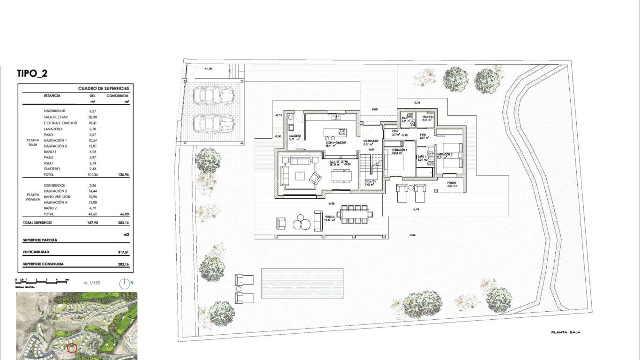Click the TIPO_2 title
point(32,73)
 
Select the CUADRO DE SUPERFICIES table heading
point(103,88)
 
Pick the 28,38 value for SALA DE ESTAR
point(92,117)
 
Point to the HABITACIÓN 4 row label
point(55,202)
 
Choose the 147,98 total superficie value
point(93,223)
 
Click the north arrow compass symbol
point(124,283)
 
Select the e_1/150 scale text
point(92,283)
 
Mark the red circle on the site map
point(72,348)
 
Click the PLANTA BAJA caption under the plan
point(566,332)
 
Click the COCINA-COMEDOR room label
point(336,142)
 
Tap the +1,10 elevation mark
point(208,68)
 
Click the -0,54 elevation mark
point(412,235)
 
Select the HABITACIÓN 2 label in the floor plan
point(445,154)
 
